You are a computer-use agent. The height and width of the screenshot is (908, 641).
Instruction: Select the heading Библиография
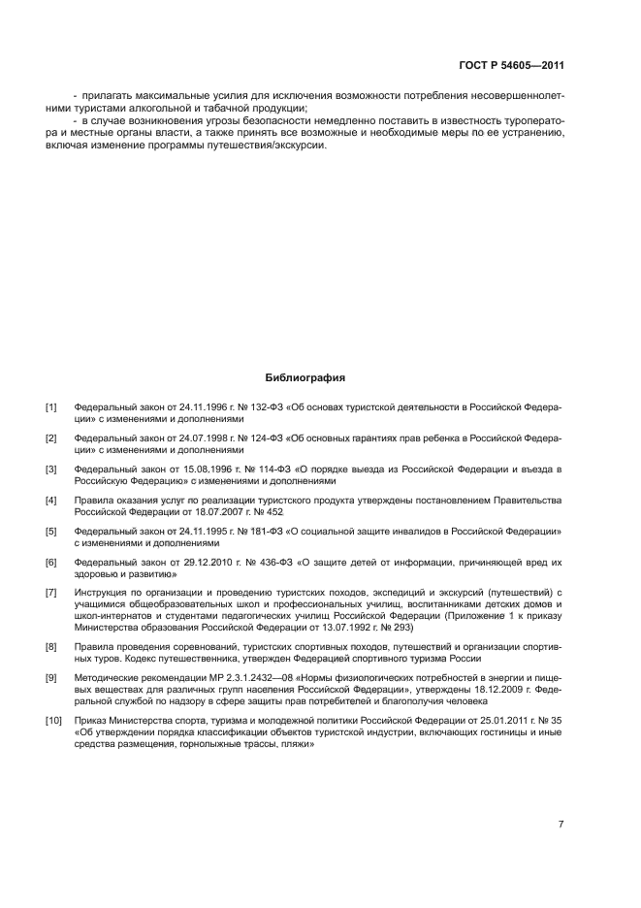304,377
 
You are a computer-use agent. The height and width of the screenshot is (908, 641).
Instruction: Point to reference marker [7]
50,591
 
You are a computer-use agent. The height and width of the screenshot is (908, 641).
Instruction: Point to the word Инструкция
101,591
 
